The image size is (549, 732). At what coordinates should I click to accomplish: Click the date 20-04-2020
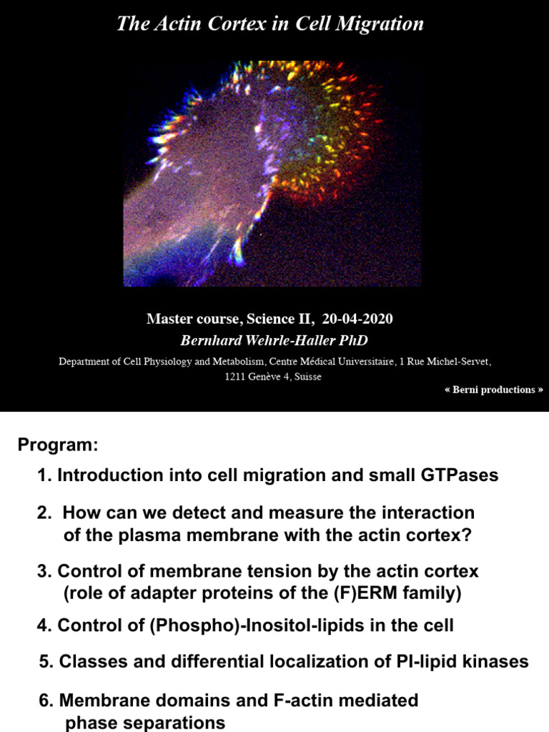360,319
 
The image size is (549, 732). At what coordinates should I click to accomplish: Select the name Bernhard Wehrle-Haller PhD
269,340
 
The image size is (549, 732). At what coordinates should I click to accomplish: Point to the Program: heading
57,445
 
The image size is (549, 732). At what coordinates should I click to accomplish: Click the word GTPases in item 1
462,475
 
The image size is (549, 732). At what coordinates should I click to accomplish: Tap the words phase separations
145,723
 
